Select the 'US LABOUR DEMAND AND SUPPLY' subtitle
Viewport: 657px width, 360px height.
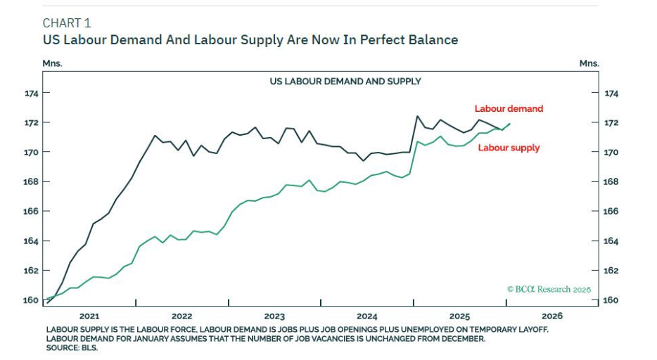[345, 81]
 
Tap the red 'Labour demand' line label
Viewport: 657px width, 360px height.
[509, 109]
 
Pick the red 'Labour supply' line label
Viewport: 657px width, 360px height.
[509, 148]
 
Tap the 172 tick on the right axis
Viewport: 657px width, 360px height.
[611, 122]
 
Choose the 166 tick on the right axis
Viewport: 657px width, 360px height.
[611, 211]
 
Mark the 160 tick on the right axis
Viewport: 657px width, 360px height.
[611, 300]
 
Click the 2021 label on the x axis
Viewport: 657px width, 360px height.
[89, 316]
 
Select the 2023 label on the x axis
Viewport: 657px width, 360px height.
[274, 316]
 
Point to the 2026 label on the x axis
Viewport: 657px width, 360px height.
[552, 316]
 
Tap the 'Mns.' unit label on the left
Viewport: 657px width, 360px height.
[53, 63]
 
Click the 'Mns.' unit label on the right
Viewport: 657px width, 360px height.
[589, 63]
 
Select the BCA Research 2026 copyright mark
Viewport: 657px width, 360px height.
[549, 289]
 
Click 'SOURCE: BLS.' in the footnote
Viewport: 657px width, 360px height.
[72, 347]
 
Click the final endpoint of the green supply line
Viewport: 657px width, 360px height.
[509, 124]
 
